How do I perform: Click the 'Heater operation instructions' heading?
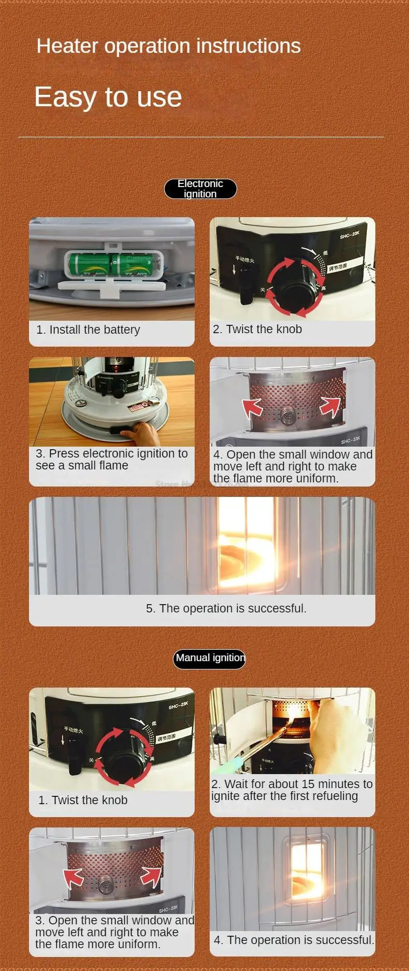pyautogui.click(x=168, y=46)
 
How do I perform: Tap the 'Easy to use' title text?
pyautogui.click(x=108, y=97)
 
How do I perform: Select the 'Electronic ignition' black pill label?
pyautogui.click(x=200, y=189)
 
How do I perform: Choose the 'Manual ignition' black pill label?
pyautogui.click(x=209, y=658)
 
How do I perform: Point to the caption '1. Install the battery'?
pyautogui.click(x=88, y=330)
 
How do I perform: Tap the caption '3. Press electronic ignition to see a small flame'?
pyautogui.click(x=111, y=459)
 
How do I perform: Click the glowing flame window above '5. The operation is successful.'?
pyautogui.click(x=246, y=544)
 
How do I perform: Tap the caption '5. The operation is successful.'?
pyautogui.click(x=226, y=608)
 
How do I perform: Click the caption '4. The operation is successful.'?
pyautogui.click(x=294, y=940)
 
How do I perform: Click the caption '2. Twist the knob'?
pyautogui.click(x=257, y=329)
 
